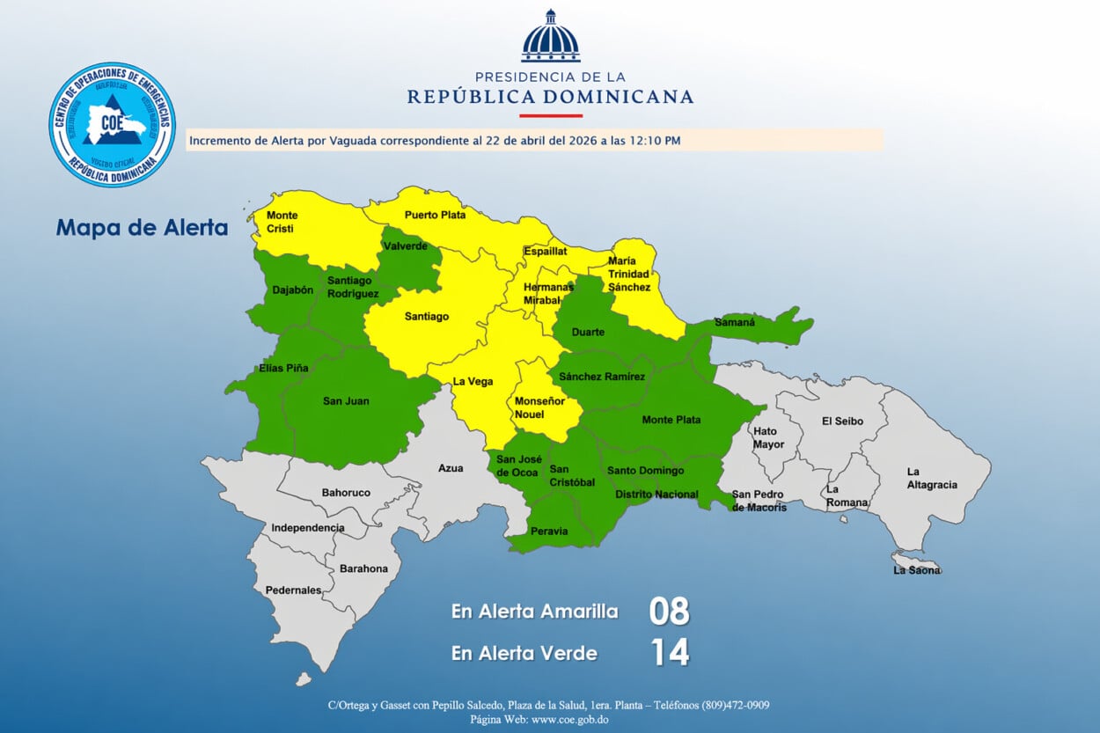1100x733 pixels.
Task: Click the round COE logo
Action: [x=112, y=124]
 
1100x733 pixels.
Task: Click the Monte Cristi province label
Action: [x=282, y=222]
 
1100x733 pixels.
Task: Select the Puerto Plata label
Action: [x=435, y=215]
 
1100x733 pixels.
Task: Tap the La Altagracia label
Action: [x=932, y=479]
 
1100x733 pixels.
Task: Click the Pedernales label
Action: [x=294, y=590]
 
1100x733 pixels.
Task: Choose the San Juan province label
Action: [x=346, y=401]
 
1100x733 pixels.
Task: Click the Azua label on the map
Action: [x=451, y=468]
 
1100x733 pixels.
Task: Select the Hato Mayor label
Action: [x=768, y=437]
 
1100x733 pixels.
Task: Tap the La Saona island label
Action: [x=917, y=570]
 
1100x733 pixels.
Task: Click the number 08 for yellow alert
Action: [x=669, y=612]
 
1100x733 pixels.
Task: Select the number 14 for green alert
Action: [x=669, y=653]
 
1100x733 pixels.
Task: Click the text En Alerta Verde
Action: [x=524, y=653]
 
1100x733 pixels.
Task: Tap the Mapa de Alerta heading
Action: [x=142, y=228]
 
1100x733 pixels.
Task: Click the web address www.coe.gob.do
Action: [x=568, y=720]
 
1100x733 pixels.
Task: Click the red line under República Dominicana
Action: [x=550, y=115]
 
